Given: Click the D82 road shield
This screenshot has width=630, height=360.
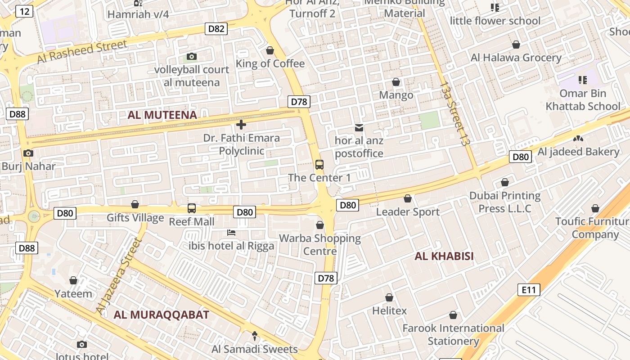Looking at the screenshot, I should click(216, 29).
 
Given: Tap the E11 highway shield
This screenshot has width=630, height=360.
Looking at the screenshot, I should click(529, 289).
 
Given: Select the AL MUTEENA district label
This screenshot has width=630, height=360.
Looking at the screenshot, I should click(162, 115).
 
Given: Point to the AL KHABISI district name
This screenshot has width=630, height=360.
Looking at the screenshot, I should click(444, 256).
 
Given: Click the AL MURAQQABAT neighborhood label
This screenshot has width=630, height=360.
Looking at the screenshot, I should click(162, 315).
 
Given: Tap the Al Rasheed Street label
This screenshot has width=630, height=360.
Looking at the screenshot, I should click(82, 52).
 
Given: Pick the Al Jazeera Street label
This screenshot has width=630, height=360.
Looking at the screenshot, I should click(119, 276).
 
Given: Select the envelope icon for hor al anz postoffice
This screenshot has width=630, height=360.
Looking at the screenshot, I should click(359, 128).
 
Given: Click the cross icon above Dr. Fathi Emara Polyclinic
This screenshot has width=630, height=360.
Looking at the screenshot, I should click(241, 125).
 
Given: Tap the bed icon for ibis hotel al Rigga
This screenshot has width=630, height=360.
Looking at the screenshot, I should click(231, 233).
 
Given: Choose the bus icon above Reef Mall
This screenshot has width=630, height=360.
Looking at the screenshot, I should click(192, 208).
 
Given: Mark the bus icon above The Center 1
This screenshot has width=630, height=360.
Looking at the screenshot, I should click(319, 165).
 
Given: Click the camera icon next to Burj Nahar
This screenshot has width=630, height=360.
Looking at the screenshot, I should click(28, 153).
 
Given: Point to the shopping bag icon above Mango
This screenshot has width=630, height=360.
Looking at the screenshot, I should click(396, 82).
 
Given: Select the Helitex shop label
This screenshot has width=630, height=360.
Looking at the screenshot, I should click(389, 310).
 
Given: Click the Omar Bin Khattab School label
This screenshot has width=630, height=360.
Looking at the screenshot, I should click(583, 100).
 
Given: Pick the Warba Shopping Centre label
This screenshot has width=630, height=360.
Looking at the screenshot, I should click(320, 244).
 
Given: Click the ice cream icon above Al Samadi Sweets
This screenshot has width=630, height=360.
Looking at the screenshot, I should click(255, 336).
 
